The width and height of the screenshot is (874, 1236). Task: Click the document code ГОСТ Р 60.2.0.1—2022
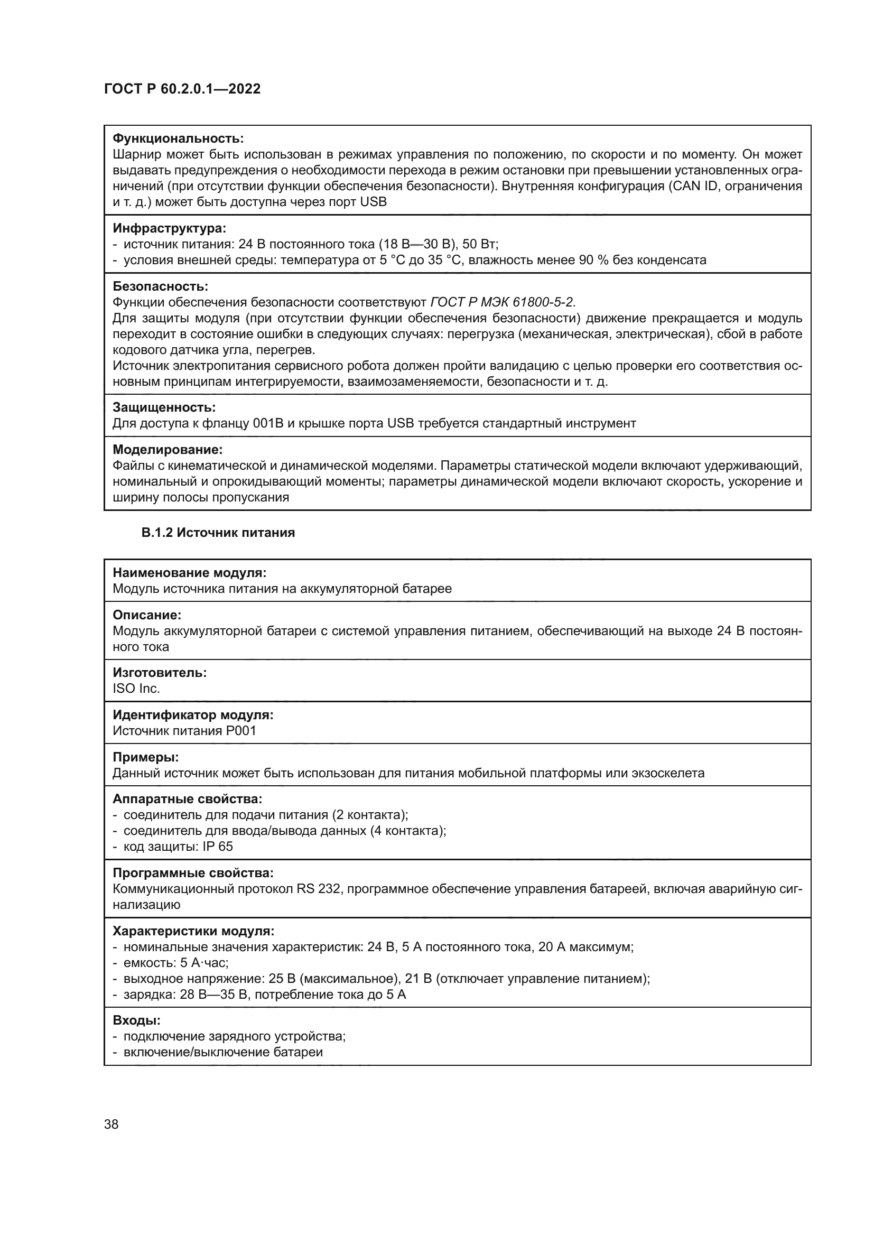click(182, 89)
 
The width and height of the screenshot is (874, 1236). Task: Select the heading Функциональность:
click(178, 138)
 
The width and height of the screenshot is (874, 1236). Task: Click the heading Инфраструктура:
click(169, 228)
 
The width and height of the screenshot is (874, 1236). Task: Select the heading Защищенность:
click(164, 407)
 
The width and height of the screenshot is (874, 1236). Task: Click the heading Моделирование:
click(168, 449)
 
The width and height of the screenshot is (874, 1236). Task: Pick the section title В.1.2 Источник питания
click(218, 533)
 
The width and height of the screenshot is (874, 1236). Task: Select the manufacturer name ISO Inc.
click(136, 689)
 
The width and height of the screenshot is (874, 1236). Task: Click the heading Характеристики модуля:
click(193, 931)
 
